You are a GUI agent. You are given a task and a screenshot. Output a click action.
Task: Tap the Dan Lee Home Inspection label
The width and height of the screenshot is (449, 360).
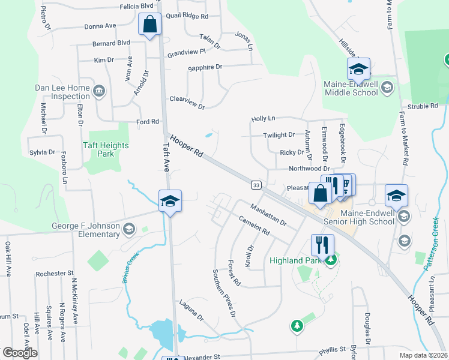point(62,92)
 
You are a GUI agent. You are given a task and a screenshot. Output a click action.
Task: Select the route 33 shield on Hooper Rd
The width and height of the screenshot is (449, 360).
point(256,185)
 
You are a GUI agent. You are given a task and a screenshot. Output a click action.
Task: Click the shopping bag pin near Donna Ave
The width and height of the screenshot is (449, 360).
point(149,25)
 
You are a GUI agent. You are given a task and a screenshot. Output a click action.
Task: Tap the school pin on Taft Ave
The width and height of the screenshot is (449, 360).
point(170,201)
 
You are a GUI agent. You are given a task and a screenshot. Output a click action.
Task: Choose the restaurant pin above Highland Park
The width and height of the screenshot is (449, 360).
point(322,245)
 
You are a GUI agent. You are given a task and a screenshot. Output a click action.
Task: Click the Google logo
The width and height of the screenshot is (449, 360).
point(20,353)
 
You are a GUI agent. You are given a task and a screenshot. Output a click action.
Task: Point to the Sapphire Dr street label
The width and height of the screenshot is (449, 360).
point(205,68)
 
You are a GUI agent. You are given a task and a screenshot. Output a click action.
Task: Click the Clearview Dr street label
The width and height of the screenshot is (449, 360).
point(187,103)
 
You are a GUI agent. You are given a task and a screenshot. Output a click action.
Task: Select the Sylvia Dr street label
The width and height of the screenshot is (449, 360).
point(42,152)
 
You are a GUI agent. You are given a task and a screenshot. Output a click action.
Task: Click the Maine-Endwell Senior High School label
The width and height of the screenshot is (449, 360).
point(367,217)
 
